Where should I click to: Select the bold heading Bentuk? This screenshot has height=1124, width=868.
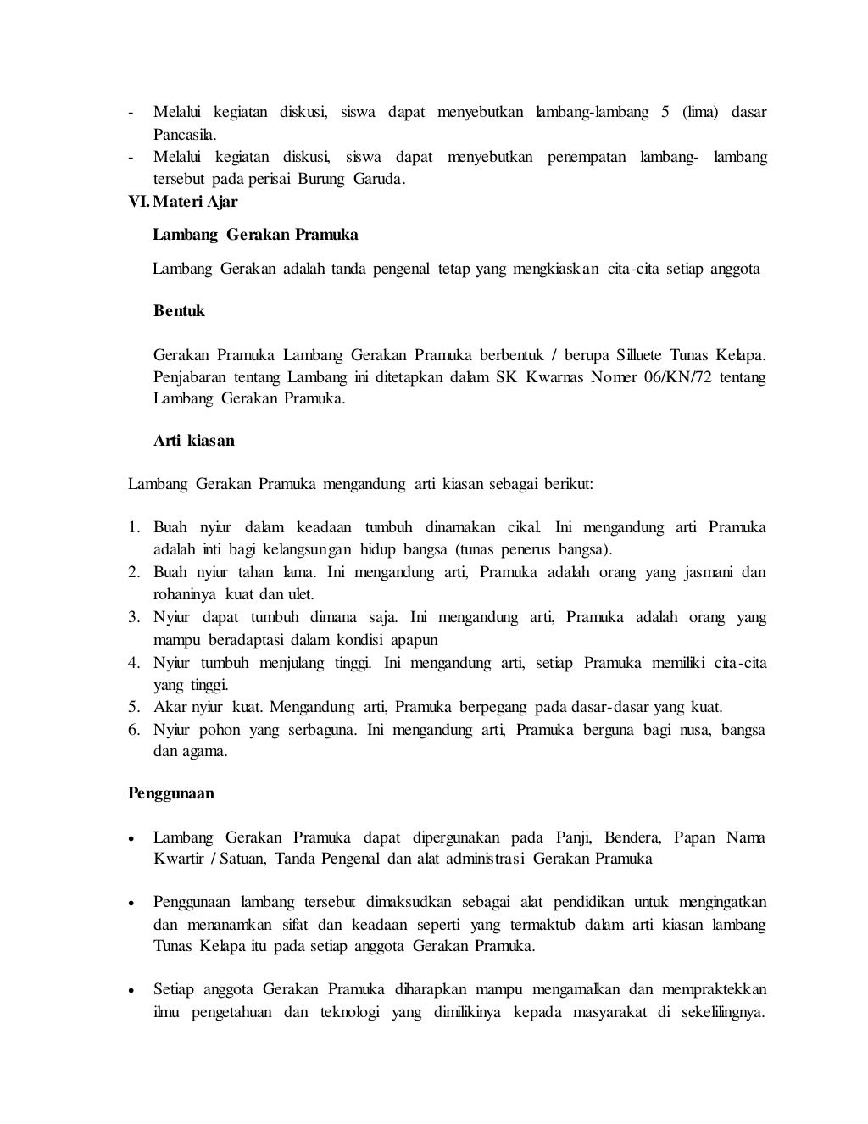click(x=179, y=311)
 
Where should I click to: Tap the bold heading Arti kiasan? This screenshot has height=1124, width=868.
click(x=194, y=441)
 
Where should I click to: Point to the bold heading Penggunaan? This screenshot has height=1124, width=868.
click(x=170, y=794)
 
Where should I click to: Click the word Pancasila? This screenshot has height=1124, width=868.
click(x=185, y=135)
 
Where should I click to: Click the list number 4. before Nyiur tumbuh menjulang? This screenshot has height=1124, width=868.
click(x=134, y=663)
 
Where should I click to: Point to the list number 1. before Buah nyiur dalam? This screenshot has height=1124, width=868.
click(x=134, y=527)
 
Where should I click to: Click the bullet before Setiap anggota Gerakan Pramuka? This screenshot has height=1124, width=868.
click(x=132, y=990)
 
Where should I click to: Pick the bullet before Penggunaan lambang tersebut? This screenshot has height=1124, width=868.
click(x=132, y=903)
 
